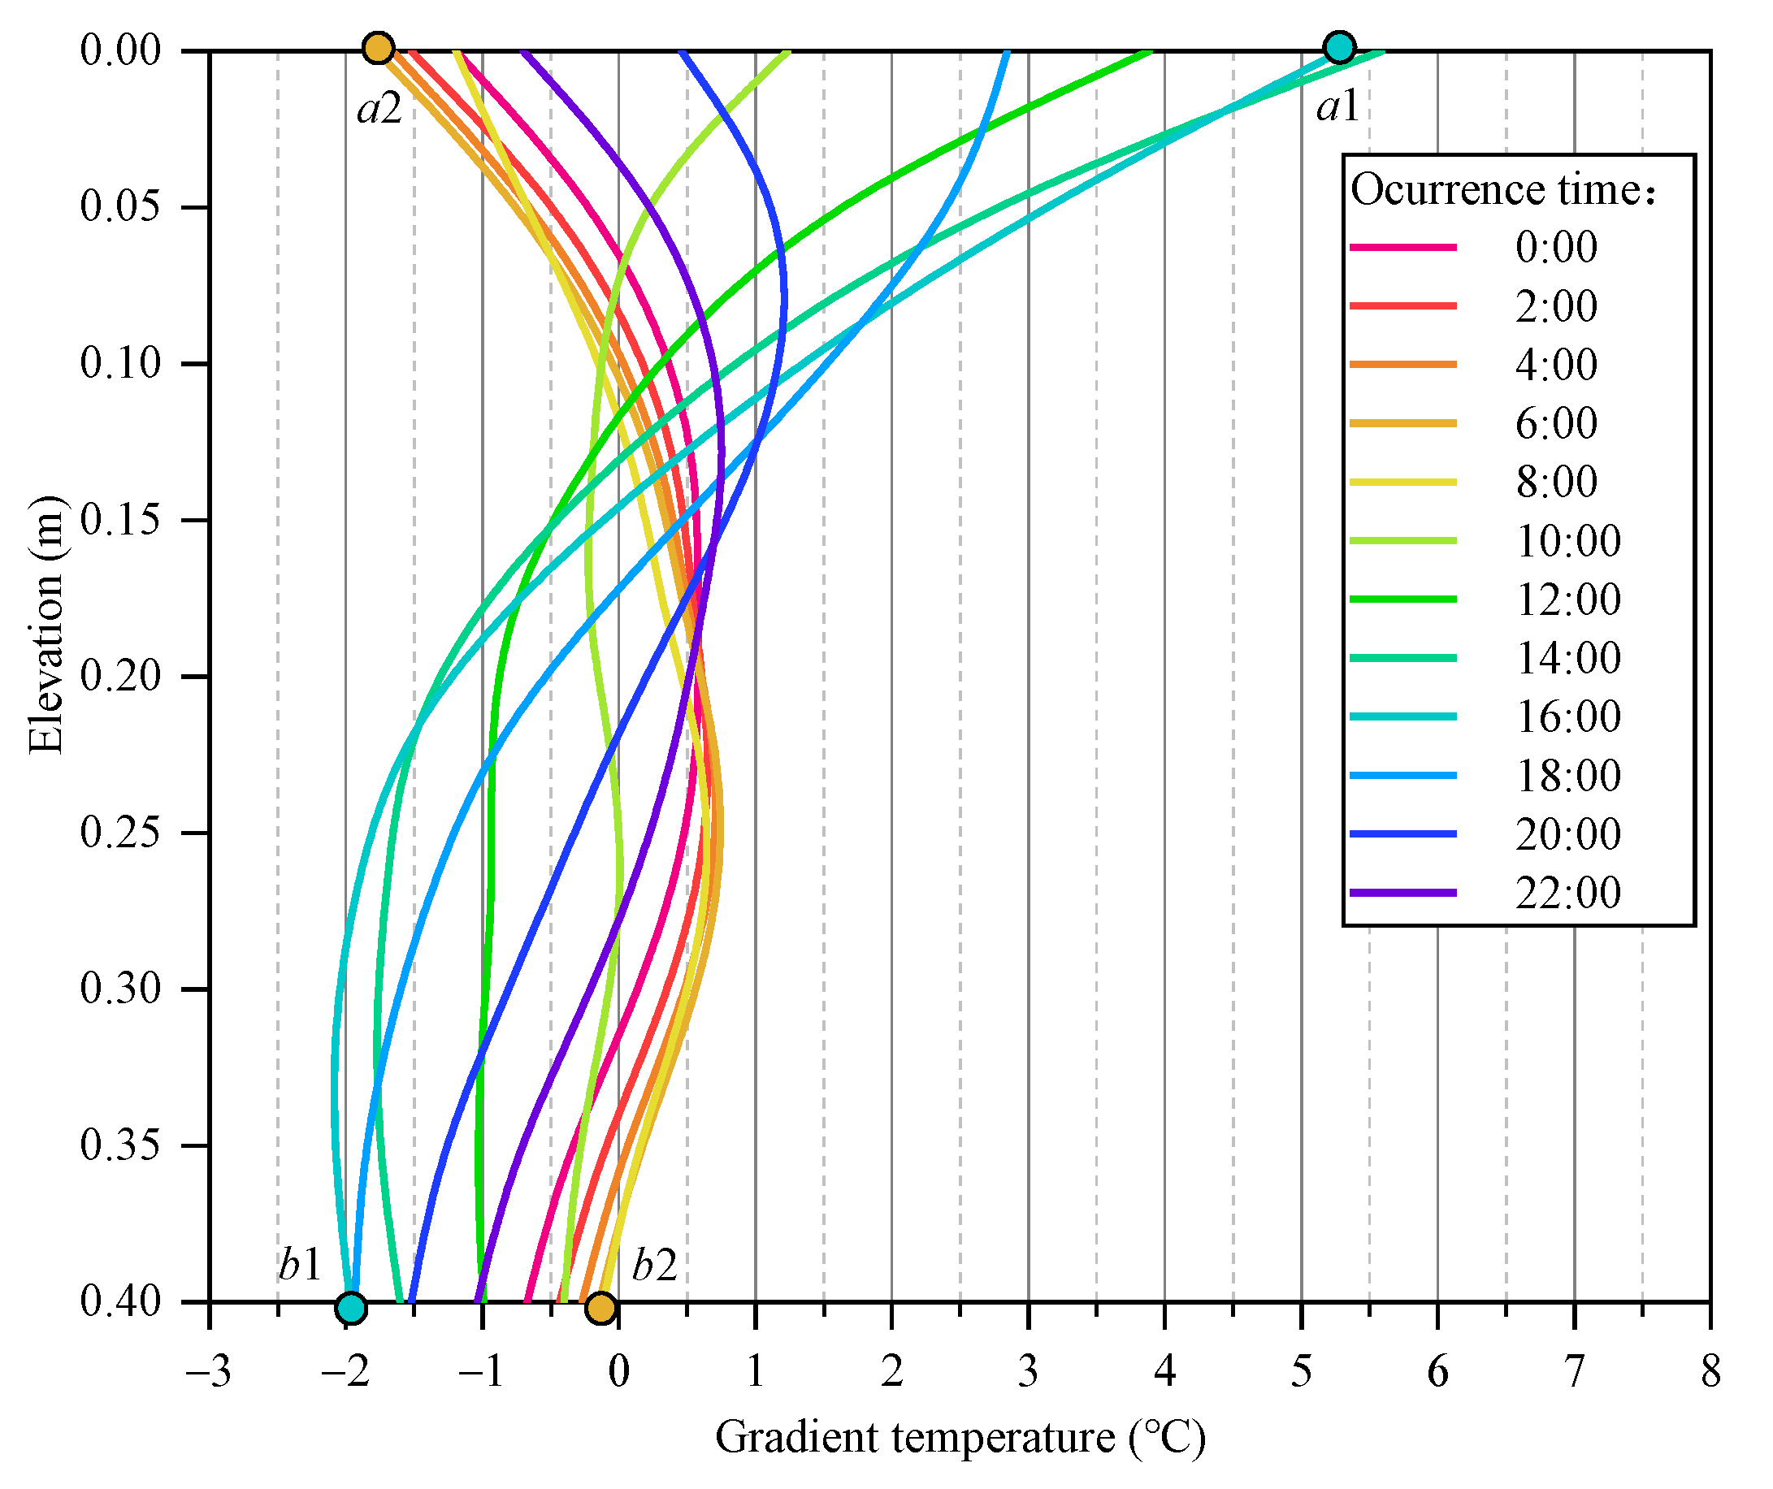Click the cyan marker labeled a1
tap(1340, 47)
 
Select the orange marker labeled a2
tap(379, 48)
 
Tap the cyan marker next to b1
tap(350, 1308)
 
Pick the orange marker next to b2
tap(600, 1308)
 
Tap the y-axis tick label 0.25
tap(121, 833)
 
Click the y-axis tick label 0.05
tap(121, 207)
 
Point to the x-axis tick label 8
tap(1710, 1372)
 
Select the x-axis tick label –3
tap(209, 1372)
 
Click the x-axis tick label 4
tap(1164, 1372)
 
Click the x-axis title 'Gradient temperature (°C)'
tap(960, 1438)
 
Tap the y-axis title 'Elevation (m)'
tap(46, 625)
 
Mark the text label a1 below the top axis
tap(1337, 107)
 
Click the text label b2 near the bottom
tap(654, 1266)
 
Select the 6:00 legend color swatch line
tap(1402, 423)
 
